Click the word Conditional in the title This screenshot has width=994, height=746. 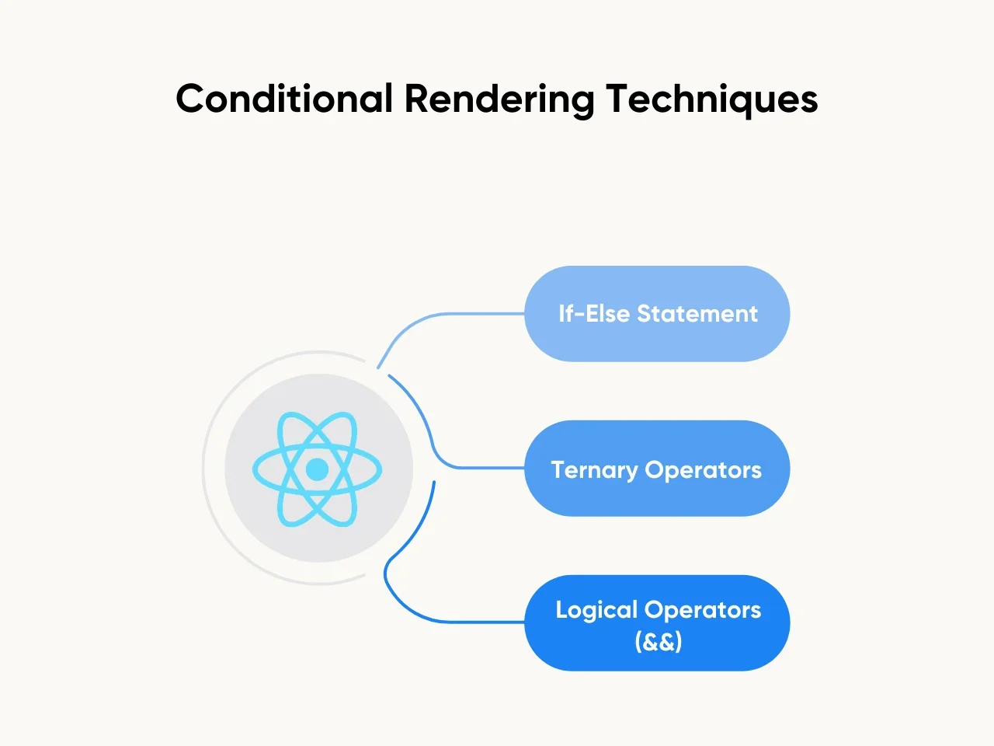(x=284, y=99)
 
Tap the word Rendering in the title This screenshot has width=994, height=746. (x=499, y=99)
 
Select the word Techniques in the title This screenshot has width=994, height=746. (x=711, y=99)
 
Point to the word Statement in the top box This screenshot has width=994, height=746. (x=697, y=314)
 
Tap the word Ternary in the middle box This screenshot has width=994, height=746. (x=594, y=470)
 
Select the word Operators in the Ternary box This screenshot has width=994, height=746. (x=704, y=470)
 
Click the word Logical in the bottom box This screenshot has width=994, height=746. (x=596, y=610)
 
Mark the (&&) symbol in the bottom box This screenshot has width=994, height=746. (x=658, y=642)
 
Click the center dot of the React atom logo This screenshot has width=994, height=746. (x=317, y=469)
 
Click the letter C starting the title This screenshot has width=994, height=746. (x=189, y=99)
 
